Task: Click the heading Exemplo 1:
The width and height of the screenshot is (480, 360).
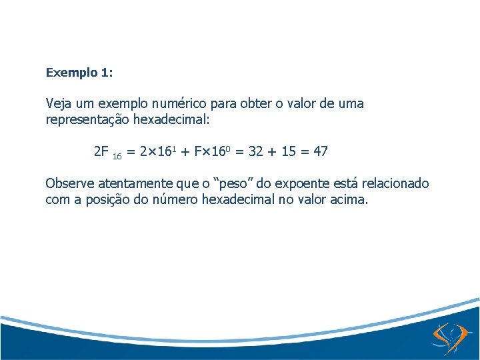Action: (x=79, y=72)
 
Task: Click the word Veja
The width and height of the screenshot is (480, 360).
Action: (x=58, y=104)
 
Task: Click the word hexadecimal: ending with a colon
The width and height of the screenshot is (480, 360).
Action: (x=171, y=120)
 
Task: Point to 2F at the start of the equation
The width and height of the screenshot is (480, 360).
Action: (x=101, y=151)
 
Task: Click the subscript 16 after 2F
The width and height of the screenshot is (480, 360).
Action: (x=117, y=156)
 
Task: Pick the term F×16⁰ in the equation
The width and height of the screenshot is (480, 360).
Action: (x=211, y=151)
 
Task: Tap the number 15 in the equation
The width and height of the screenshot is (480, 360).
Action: (x=289, y=151)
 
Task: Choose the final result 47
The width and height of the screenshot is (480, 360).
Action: (x=321, y=151)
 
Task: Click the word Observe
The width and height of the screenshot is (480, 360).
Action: (x=69, y=183)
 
